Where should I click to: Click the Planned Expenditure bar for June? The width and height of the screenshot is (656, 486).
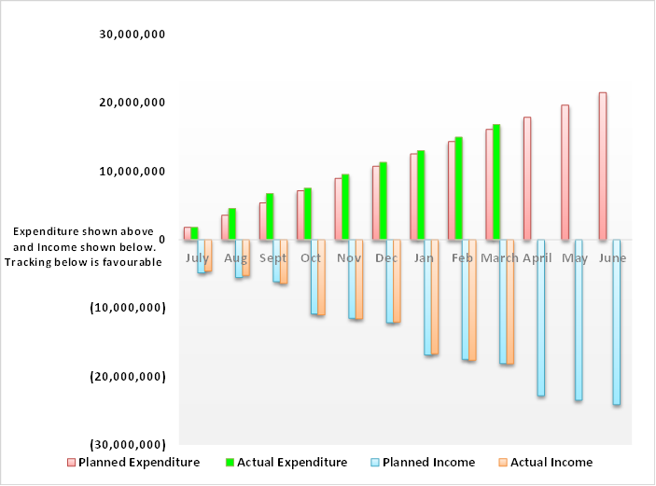click(603, 166)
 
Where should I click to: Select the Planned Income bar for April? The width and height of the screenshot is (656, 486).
click(541, 318)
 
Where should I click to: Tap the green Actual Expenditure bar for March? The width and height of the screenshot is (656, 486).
click(496, 182)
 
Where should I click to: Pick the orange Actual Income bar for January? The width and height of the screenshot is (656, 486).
click(435, 297)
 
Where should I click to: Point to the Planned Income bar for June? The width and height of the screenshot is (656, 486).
click(616, 322)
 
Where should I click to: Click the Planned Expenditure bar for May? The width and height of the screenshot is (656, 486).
click(565, 173)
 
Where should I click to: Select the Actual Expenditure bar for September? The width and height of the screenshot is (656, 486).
click(270, 216)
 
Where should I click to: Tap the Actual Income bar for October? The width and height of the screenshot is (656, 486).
click(321, 277)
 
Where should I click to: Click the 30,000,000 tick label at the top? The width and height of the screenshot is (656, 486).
click(133, 35)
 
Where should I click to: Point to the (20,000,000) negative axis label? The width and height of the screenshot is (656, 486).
click(128, 377)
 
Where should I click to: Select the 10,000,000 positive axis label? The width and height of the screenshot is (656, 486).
click(133, 171)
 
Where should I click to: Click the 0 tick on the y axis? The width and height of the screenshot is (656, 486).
click(162, 240)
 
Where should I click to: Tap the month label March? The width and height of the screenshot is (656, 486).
click(499, 257)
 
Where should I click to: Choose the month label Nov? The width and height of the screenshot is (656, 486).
click(349, 257)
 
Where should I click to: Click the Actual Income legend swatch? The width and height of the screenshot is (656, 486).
click(503, 462)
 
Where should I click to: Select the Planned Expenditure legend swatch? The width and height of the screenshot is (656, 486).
click(71, 462)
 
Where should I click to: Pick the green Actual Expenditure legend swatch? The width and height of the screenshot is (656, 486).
click(230, 462)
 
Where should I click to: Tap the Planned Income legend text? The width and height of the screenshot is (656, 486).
click(429, 462)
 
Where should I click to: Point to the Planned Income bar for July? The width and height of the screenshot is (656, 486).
click(202, 257)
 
